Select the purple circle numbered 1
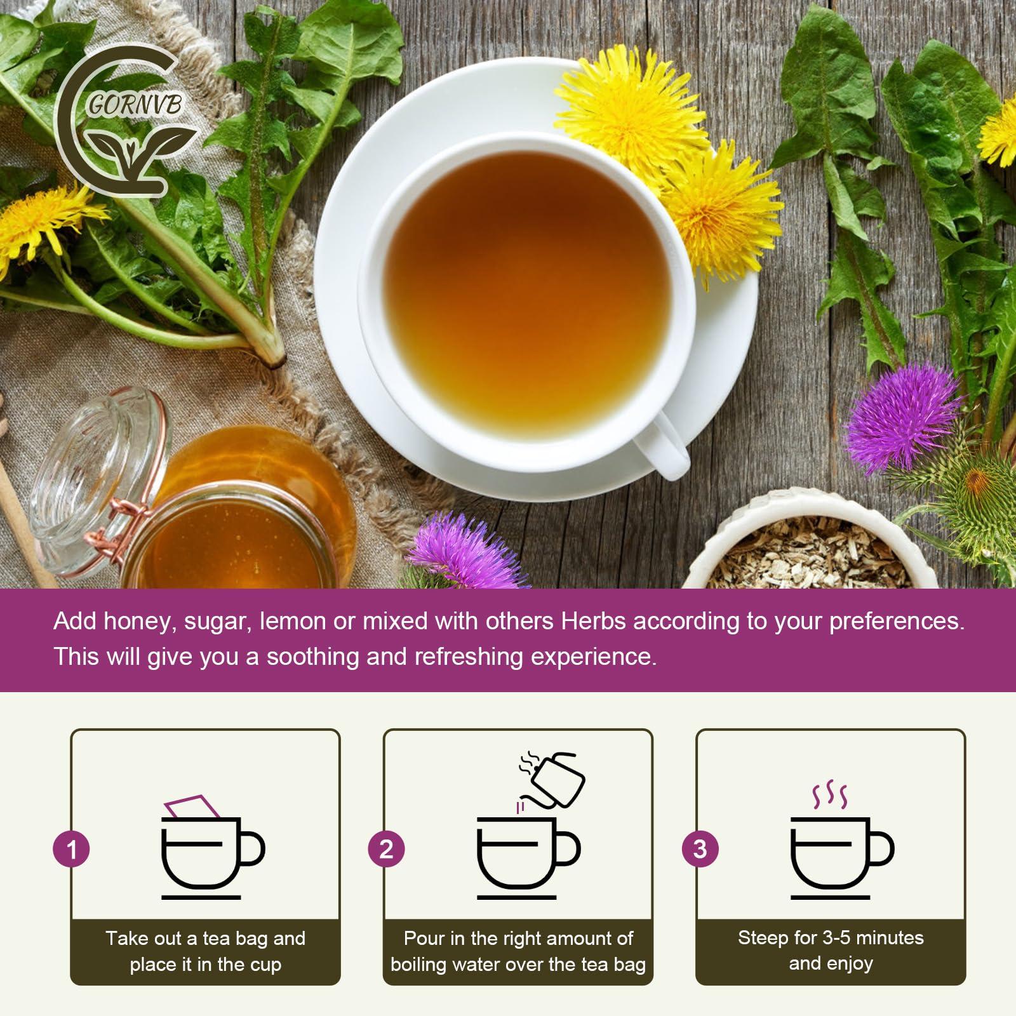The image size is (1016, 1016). [x=72, y=849]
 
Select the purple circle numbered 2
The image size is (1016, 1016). [x=386, y=849]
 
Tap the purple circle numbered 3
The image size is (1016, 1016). [x=700, y=849]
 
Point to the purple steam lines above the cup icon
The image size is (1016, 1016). [x=830, y=795]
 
